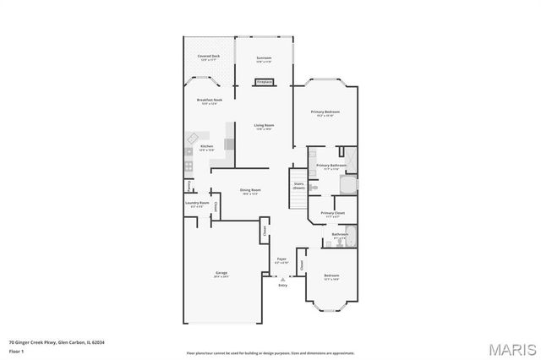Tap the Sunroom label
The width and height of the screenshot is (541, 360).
coord(264,57)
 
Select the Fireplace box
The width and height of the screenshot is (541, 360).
coord(264,82)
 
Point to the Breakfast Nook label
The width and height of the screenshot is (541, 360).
coord(209,101)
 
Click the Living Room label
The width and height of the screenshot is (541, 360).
coord(263,126)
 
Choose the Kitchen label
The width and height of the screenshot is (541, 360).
coord(206,146)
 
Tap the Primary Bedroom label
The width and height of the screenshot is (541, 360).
coord(325,112)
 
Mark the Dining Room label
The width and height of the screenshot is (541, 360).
coord(250,191)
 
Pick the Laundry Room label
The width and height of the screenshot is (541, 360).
coord(196,204)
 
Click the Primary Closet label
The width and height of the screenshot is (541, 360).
coord(331,214)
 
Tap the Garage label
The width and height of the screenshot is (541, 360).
coord(221,274)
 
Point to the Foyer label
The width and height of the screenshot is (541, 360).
coord(282,260)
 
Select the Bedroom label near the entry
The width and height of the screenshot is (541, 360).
coord(331,276)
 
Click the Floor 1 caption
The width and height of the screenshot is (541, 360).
coord(17,351)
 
